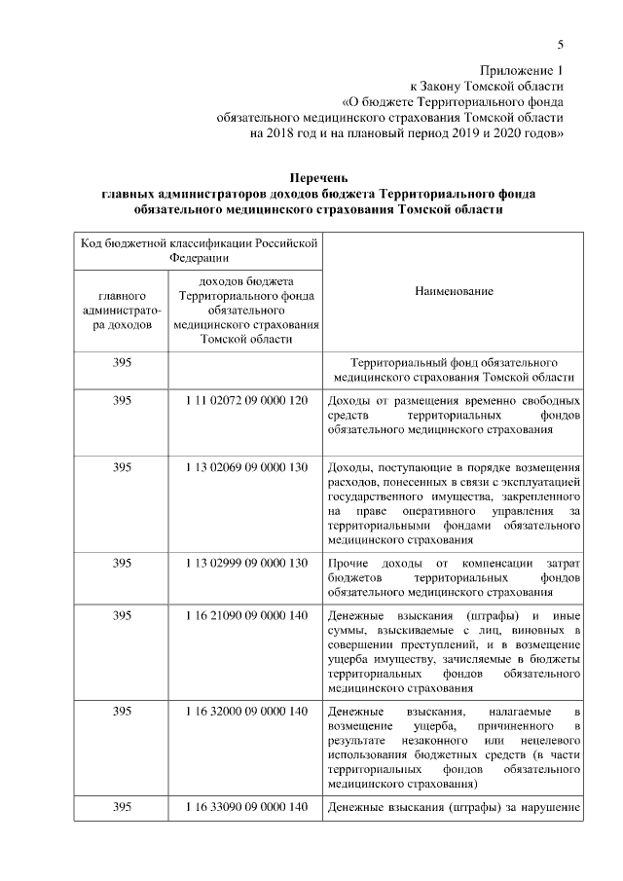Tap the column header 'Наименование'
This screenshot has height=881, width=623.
pos(454,291)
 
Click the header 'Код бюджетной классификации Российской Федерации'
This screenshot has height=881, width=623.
pos(200,250)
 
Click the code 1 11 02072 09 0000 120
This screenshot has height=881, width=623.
pos(245,400)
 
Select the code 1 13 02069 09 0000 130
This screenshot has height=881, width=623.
pos(245,467)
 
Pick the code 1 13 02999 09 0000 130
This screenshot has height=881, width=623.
pos(245,563)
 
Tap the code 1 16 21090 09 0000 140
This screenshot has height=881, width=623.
pos(245,616)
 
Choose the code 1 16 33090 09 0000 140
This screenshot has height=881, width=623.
pos(245,807)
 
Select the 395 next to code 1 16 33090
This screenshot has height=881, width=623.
pos(122,807)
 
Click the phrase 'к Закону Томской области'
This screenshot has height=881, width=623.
pos(487,86)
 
